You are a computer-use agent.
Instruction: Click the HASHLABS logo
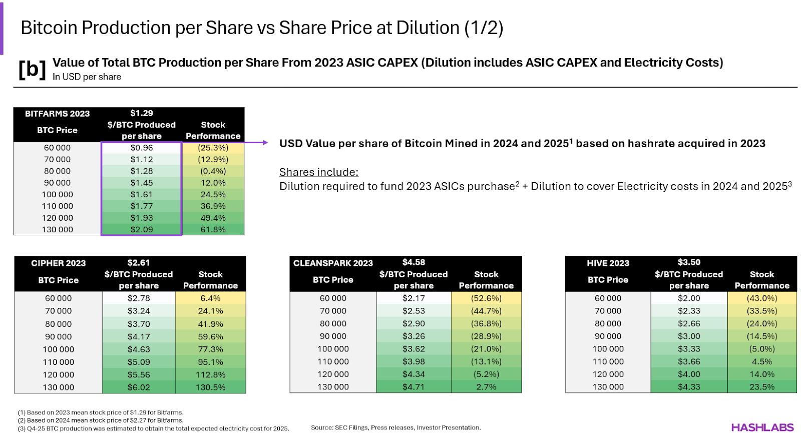tap(762, 427)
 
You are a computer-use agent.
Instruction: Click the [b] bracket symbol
tap(32, 69)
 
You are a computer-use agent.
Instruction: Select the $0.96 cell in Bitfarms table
tap(142, 148)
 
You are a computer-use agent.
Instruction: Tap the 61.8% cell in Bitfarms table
tap(213, 229)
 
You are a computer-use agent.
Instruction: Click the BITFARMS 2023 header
tap(57, 114)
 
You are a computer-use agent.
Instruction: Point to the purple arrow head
tap(266, 143)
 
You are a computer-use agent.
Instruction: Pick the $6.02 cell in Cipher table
tap(139, 387)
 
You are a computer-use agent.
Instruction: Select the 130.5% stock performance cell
tap(210, 387)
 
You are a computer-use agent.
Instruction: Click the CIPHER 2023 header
tap(58, 263)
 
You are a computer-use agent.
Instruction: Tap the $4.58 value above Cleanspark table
tap(414, 262)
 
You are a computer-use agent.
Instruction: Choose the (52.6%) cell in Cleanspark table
tap(486, 298)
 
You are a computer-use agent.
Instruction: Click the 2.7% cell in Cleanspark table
tap(486, 387)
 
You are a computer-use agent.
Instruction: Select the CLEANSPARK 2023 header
tap(333, 263)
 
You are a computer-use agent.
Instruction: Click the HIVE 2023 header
tap(608, 263)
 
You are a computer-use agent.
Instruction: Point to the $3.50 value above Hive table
tap(689, 262)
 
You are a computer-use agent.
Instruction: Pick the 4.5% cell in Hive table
tap(762, 361)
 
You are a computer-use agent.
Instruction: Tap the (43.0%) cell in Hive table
tap(762, 298)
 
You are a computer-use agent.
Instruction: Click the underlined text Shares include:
tap(318, 172)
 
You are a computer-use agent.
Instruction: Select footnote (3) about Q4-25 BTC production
tap(153, 428)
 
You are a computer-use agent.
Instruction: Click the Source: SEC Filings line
tap(395, 427)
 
